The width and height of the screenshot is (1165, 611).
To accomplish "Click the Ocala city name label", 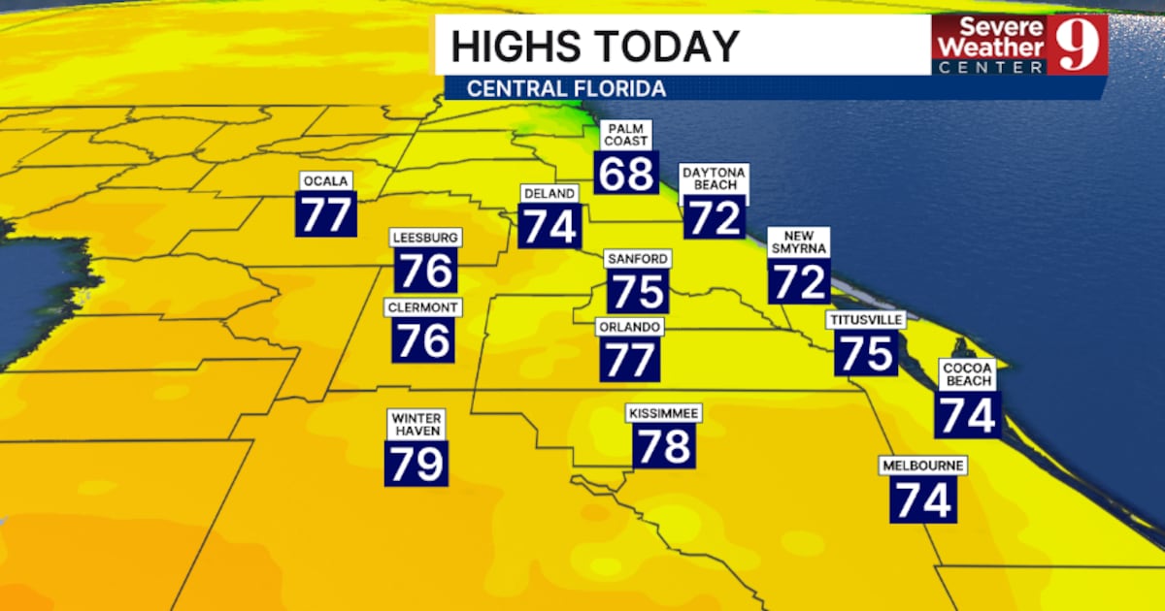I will (x=325, y=182).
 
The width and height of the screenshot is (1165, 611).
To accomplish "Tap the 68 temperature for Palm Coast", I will (x=627, y=173).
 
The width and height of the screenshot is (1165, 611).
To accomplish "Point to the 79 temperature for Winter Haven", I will (x=416, y=463).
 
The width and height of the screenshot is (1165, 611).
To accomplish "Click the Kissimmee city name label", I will (x=663, y=413).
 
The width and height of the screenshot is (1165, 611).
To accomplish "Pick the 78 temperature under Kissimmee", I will (x=664, y=446).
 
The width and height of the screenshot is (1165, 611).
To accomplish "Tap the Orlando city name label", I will (x=630, y=327).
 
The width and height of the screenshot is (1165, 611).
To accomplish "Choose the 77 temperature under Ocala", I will (x=326, y=215).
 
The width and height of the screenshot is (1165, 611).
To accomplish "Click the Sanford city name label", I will (x=637, y=259).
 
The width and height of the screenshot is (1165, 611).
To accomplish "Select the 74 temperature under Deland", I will (x=550, y=227).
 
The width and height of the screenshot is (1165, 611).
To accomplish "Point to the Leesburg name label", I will (x=425, y=238).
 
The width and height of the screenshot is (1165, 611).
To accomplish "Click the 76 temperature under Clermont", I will (x=424, y=340).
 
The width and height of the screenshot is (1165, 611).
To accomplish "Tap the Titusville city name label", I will (x=866, y=320).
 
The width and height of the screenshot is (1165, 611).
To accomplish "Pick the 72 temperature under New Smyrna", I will (x=799, y=281).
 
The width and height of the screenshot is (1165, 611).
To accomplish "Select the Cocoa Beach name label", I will (x=968, y=374).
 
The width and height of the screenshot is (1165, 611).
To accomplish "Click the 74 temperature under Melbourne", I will (x=922, y=499).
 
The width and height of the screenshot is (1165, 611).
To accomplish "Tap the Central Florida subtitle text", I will (x=566, y=88).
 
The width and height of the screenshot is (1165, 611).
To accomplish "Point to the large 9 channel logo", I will (x=1077, y=45).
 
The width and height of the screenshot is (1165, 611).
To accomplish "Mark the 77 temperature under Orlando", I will (x=630, y=360).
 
